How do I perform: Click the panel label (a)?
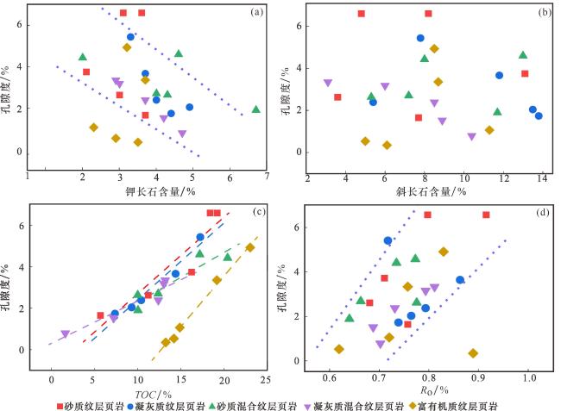point(256,13)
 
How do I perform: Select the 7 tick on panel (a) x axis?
point(268,177)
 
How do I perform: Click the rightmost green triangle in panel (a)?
point(255,109)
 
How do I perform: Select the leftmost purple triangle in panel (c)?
point(65,334)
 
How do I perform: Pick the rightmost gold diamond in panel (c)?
point(250,247)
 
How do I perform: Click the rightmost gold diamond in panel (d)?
point(473,353)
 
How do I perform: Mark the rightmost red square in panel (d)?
point(486,215)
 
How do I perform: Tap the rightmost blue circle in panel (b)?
point(539,115)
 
